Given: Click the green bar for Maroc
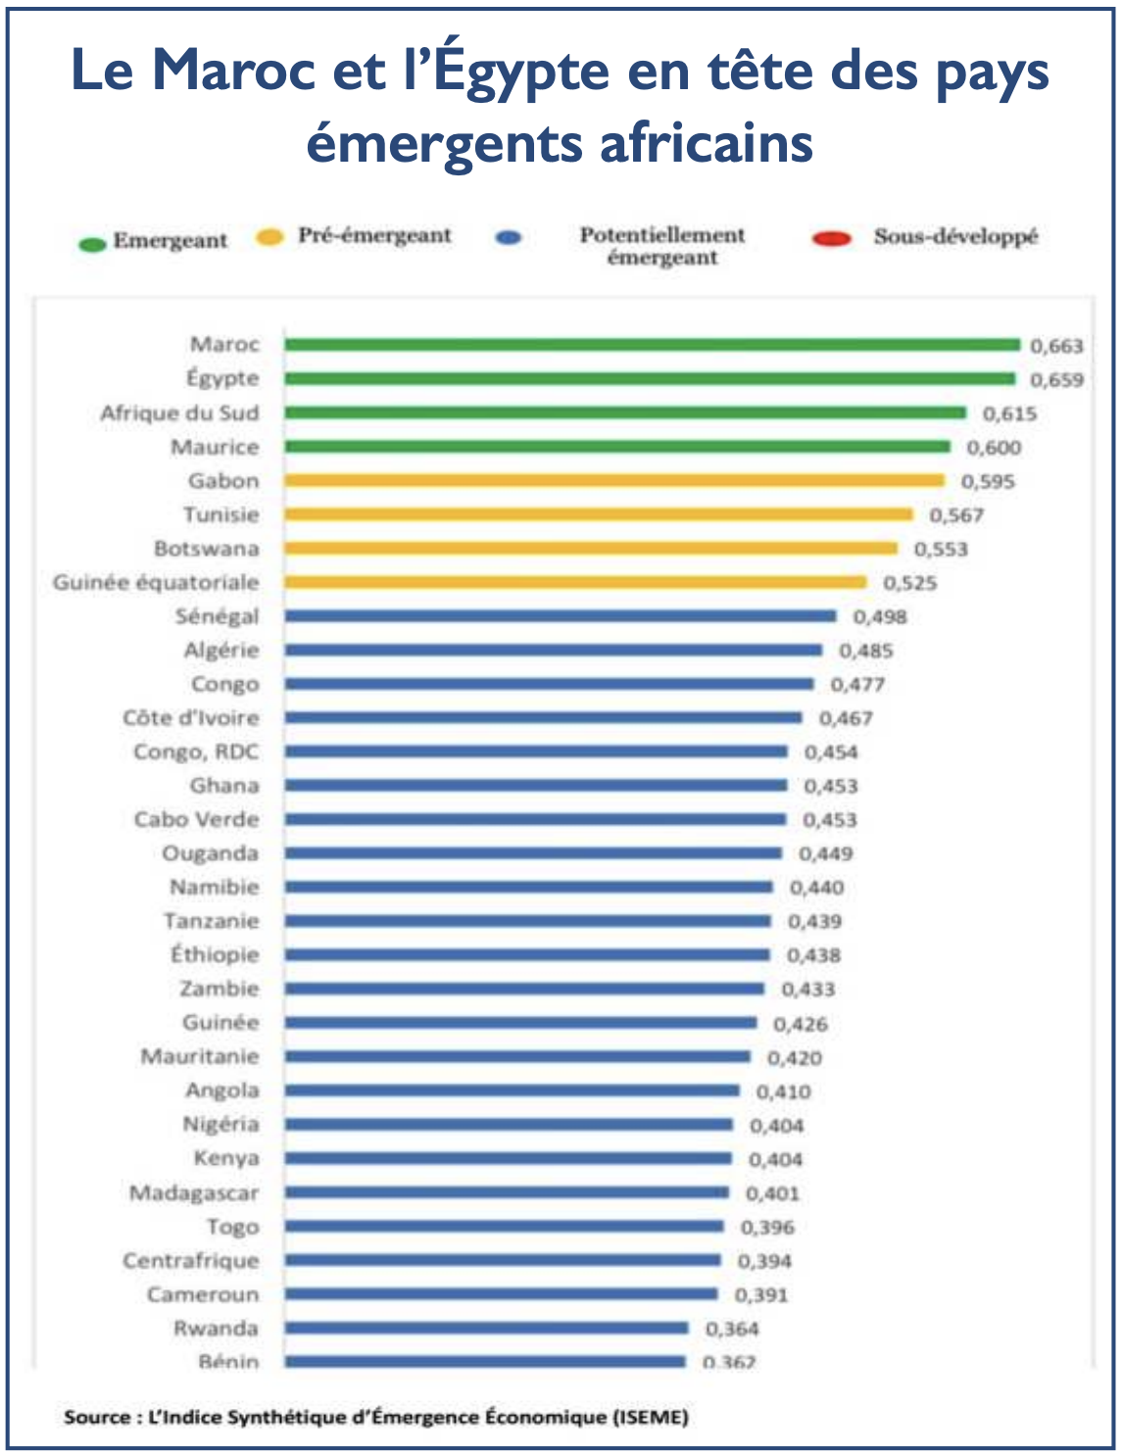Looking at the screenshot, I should click(x=652, y=344).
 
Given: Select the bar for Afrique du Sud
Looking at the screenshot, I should click(x=625, y=412).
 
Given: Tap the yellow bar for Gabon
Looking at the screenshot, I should click(x=614, y=480).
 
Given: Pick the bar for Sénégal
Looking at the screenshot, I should click(x=561, y=616).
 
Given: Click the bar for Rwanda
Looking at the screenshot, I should click(x=486, y=1329).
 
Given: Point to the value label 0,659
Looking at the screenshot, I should click(x=1056, y=380).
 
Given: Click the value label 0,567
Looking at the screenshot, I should click(x=956, y=515).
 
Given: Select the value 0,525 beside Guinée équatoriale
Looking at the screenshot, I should click(x=910, y=583).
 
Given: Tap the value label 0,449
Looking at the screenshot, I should click(x=825, y=854).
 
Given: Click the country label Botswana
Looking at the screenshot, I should click(x=207, y=549).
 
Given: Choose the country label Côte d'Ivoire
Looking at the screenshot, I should click(x=191, y=718).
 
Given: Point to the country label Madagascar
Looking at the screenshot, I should click(x=194, y=1193).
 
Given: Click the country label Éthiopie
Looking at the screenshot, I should click(x=215, y=955).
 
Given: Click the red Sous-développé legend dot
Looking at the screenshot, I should click(x=832, y=238).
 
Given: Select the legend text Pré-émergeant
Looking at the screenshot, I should click(x=374, y=236).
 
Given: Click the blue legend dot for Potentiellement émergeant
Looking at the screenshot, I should click(x=510, y=238).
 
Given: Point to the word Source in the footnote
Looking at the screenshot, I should click(x=97, y=1417).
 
